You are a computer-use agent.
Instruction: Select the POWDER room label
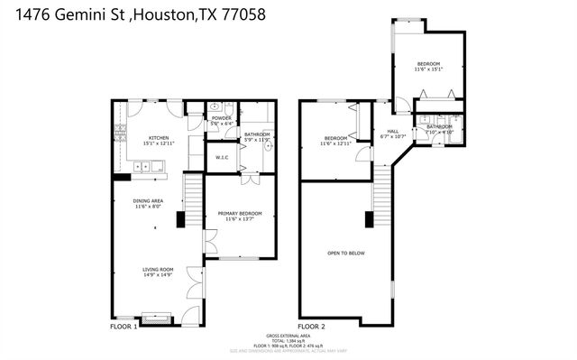coord(221,118)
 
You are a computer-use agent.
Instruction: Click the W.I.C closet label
coord(222,157)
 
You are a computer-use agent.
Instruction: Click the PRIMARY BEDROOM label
coord(239,214)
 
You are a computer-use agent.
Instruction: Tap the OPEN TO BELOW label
coord(346,254)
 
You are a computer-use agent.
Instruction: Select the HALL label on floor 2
coord(380,131)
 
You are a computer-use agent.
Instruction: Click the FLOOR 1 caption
coord(124,326)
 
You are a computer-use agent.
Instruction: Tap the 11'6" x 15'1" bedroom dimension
coord(428,69)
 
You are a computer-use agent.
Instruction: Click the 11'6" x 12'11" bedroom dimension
coord(335,143)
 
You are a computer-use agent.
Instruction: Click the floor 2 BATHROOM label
coord(439,126)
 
